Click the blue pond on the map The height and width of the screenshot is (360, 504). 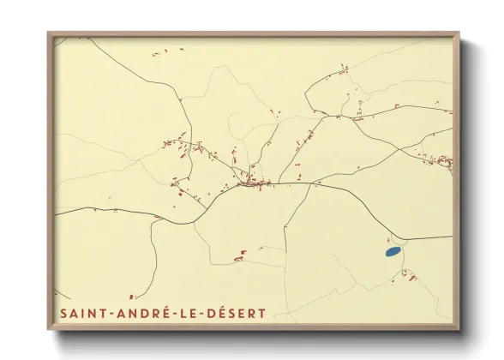pos(393,252)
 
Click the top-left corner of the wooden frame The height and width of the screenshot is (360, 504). pos(49,33)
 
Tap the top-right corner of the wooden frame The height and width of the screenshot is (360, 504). pos(459,33)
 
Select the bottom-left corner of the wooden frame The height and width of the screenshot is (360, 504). pos(49,329)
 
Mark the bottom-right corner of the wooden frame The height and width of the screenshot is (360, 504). pos(459,329)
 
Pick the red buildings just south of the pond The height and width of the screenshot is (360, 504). pos(408,275)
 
